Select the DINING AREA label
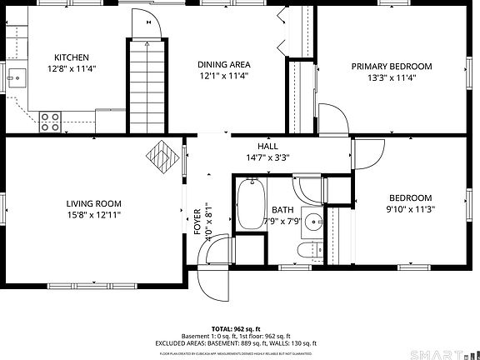(x=223, y=64)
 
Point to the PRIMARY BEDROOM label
(x=391, y=67)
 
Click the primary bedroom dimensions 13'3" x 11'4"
(x=391, y=77)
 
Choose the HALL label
(x=267, y=146)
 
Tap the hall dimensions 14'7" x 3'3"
(x=267, y=157)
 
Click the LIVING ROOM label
(x=94, y=203)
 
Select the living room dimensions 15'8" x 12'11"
(x=94, y=214)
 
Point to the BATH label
(x=282, y=210)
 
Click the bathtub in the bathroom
(x=247, y=204)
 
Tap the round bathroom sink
(x=312, y=222)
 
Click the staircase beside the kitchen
(x=147, y=83)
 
